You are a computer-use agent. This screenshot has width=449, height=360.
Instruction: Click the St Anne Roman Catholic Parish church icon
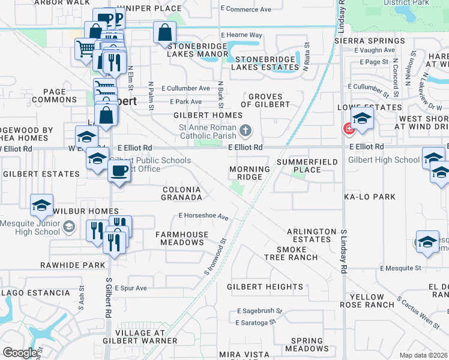245,130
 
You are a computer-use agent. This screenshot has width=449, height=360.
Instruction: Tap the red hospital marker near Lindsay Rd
347,128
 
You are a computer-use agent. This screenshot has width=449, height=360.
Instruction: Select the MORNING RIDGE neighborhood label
249,173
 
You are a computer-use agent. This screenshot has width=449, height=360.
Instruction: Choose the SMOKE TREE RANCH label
288,253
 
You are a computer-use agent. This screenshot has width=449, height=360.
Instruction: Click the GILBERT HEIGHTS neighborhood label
265,287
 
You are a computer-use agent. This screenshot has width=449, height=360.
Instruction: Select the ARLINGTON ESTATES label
312,235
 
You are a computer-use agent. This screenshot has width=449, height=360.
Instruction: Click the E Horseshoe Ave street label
203,216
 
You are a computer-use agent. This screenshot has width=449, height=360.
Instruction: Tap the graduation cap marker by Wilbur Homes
42,206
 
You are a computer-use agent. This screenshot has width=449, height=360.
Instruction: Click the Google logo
20,353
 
